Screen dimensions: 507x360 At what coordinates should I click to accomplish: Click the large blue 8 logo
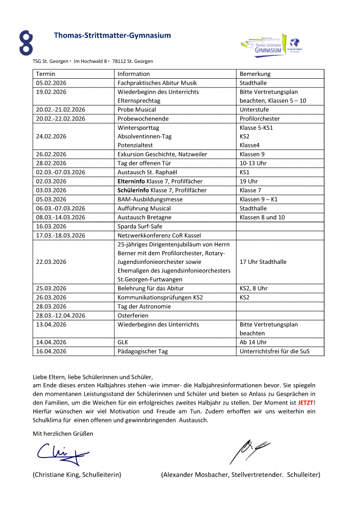tap(26, 43)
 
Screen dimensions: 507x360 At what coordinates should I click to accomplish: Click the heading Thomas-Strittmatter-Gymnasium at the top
tap(112, 36)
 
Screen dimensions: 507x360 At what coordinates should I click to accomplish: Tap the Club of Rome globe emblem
tap(296, 43)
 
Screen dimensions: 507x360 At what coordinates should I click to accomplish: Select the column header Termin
tap(46, 74)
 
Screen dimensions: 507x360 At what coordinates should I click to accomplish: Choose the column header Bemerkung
tap(255, 74)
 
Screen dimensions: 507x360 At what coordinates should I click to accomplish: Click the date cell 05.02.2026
tap(51, 83)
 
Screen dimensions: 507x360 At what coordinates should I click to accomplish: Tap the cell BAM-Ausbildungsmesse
tap(150, 200)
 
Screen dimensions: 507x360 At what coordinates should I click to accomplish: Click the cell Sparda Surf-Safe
tap(140, 226)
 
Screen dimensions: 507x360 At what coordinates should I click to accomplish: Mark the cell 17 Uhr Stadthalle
tap(263, 262)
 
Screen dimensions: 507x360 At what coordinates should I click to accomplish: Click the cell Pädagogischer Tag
tap(143, 352)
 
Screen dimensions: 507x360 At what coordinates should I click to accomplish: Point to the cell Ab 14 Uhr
tap(254, 342)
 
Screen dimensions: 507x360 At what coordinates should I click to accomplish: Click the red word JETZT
tap(305, 403)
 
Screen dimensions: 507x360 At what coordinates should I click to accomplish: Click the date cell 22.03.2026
tap(51, 262)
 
